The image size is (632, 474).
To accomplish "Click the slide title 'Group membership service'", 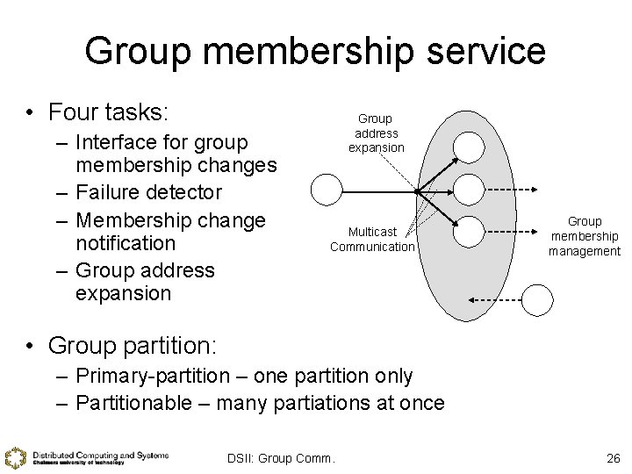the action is [315, 51].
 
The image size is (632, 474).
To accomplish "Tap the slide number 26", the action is [613, 458].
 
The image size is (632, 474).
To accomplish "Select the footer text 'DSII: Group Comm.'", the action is [281, 458].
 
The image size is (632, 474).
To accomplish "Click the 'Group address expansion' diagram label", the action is [376, 133].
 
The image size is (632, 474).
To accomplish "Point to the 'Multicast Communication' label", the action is [372, 239].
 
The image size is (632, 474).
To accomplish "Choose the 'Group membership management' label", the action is [585, 236].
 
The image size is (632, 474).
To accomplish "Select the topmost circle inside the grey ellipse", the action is [470, 147].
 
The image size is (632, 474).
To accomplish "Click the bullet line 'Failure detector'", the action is [149, 191].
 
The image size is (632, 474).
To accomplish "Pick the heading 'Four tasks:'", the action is [108, 113].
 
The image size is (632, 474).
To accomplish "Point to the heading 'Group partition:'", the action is [133, 345].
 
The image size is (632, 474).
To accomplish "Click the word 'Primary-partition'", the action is [154, 377].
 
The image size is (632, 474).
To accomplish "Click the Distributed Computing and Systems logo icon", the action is [15, 458].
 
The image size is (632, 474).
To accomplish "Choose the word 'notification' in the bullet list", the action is [126, 242].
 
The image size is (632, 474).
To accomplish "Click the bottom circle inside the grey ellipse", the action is [470, 231].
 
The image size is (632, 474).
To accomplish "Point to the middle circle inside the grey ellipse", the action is [470, 189].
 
